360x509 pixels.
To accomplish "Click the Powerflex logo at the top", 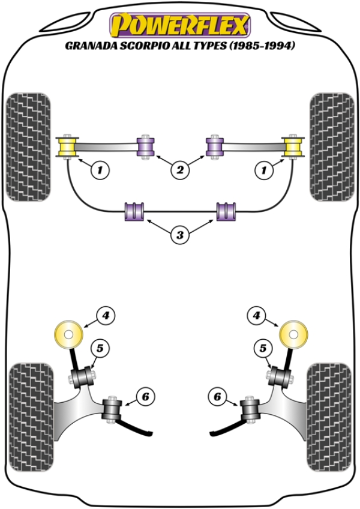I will (179, 26).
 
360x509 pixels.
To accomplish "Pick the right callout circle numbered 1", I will (262, 171).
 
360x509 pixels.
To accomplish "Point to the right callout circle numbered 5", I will (262, 347).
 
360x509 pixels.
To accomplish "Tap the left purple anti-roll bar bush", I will (134, 212).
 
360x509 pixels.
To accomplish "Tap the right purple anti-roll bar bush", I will (226, 212).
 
